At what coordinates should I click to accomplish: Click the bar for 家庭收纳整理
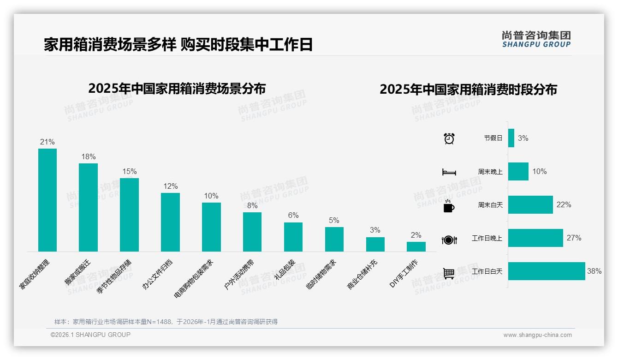48,200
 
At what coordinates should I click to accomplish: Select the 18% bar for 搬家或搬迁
88,207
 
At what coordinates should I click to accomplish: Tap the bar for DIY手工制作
416,246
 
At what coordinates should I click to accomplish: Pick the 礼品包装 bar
293,237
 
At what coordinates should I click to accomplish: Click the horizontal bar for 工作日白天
547,271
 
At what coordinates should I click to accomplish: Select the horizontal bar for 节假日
511,138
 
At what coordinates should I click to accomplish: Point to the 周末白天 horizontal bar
530,204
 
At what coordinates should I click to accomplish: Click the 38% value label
594,271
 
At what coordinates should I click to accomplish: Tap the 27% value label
574,238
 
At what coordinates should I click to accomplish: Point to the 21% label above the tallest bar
48,142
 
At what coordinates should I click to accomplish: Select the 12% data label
170,186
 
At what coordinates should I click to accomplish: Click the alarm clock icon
449,138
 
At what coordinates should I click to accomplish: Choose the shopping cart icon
449,273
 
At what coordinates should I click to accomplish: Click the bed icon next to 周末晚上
449,172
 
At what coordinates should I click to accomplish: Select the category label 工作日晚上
487,238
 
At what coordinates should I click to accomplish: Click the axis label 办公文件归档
157,274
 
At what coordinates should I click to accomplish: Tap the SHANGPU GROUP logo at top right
536,39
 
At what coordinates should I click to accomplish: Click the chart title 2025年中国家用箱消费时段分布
468,89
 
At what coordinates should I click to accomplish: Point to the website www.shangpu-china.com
537,335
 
